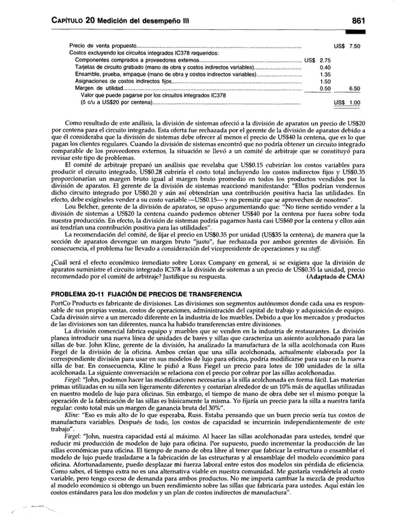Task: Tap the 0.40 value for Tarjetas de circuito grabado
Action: click(325, 67)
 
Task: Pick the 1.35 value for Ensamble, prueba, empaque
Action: click(325, 74)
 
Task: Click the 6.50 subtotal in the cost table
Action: click(355, 89)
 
